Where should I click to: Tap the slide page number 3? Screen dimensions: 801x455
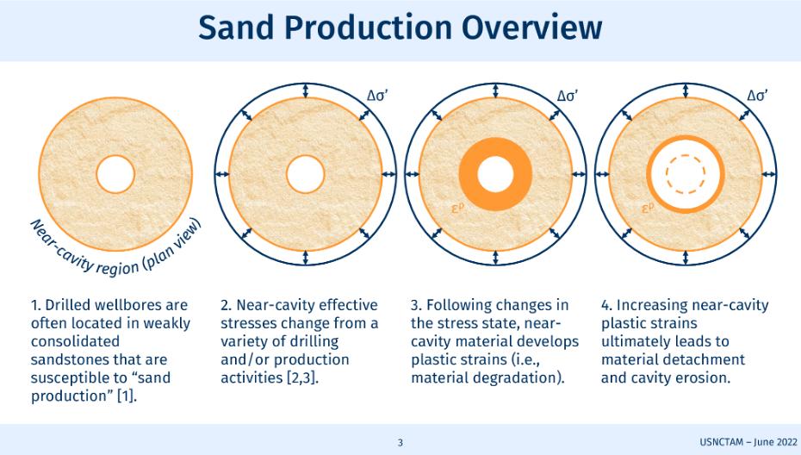pos(400,443)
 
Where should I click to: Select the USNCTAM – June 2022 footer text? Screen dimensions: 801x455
pos(748,442)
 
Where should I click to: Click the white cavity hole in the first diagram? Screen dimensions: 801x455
pos(115,174)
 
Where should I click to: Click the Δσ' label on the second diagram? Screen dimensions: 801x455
pos(377,96)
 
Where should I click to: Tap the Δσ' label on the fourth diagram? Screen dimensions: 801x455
pos(758,96)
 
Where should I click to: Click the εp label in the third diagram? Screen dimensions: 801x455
pos(457,208)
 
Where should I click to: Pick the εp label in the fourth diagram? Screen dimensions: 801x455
pos(648,208)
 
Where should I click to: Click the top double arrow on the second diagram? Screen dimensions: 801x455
pos(306,90)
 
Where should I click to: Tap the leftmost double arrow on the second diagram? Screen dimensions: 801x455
pos(222,174)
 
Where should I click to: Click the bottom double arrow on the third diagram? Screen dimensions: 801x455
pos(495,258)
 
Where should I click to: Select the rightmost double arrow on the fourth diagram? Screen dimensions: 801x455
pos(769,174)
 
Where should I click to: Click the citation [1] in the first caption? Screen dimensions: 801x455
pos(127,396)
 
